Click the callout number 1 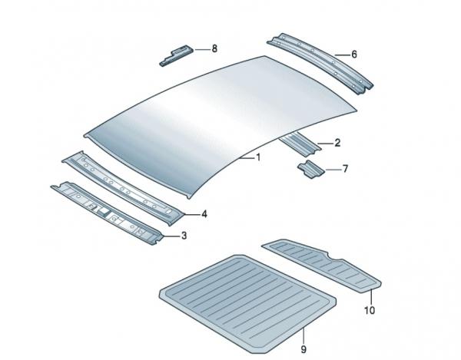258,157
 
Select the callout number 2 337,143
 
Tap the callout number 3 184,236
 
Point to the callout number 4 204,214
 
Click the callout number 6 354,54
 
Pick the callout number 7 345,169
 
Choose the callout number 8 214,49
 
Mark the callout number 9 303,349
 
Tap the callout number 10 370,310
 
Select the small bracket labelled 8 177,55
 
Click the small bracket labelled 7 311,170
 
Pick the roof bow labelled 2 300,144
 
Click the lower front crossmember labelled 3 108,212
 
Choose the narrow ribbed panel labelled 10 322,264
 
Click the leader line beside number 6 342,54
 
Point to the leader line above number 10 371,297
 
